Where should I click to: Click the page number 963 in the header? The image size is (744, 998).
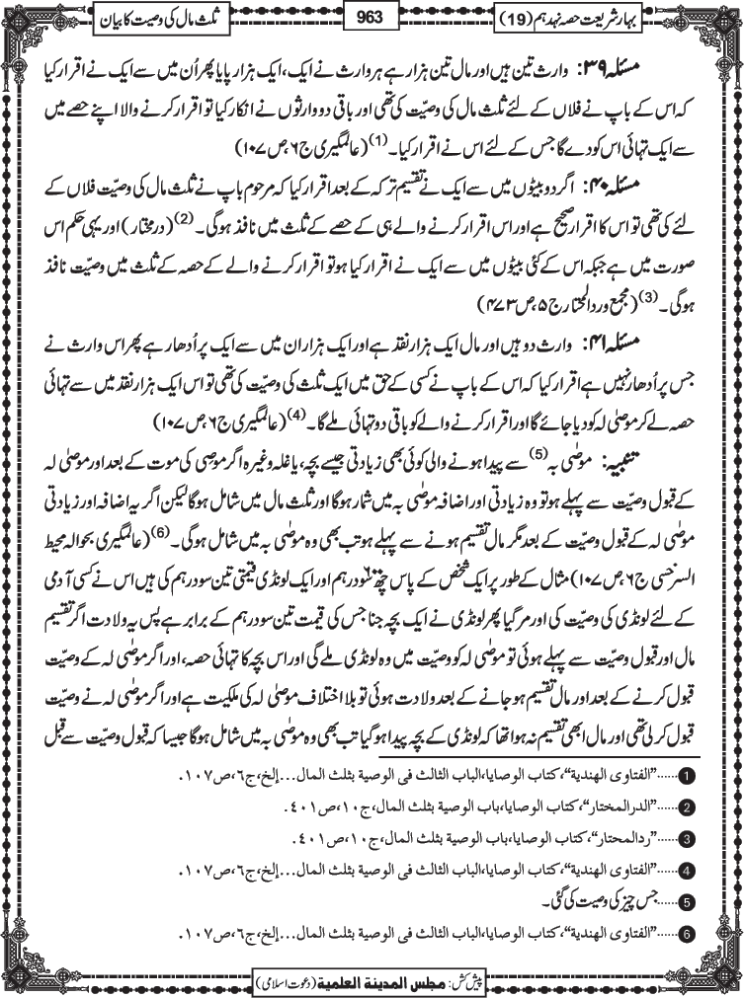[372, 16]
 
